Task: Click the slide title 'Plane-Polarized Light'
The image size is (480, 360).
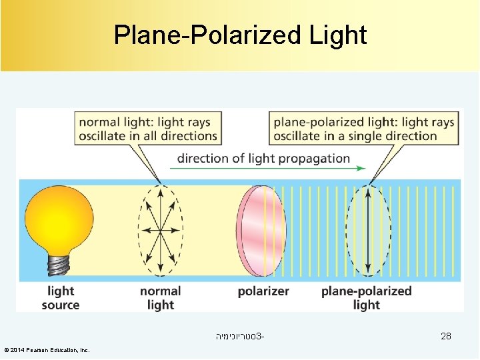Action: [x=240, y=35]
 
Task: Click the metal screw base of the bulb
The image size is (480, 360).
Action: [x=59, y=265]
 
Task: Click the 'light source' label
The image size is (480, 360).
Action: [x=61, y=298]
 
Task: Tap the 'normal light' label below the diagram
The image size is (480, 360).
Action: [x=160, y=298]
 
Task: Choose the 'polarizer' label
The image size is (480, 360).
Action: [x=263, y=291]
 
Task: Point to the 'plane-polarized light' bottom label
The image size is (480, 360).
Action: [x=366, y=298]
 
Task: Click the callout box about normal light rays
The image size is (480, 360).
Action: [x=148, y=129]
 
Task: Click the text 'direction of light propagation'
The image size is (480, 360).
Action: [x=263, y=159]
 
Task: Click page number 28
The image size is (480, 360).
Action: [x=446, y=337]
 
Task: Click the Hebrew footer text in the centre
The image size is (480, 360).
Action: [x=240, y=337]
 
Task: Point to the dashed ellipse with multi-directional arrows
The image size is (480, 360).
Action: [x=161, y=231]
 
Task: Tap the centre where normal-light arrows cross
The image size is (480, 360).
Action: [x=161, y=231]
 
